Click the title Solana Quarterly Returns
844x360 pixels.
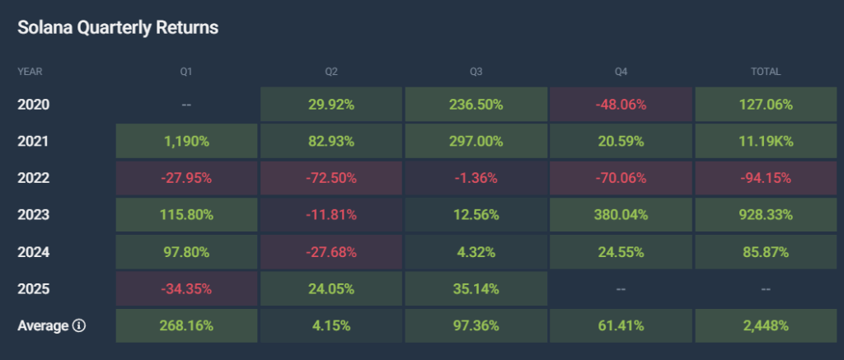(x=118, y=27)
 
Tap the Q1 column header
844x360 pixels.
(x=186, y=72)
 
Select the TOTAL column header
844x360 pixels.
(x=765, y=72)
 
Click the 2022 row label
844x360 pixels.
(x=34, y=178)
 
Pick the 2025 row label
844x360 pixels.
(x=34, y=288)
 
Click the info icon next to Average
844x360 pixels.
(x=79, y=325)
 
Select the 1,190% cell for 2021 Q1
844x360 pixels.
(x=186, y=141)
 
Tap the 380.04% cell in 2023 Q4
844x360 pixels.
(x=621, y=215)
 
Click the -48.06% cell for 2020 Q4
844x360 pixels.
(x=621, y=105)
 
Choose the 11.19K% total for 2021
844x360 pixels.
(x=765, y=141)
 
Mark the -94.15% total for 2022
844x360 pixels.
(x=765, y=178)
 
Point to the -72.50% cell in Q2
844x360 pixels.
(x=331, y=178)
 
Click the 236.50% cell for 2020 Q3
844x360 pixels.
(x=476, y=105)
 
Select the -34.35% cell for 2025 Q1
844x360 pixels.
(x=186, y=288)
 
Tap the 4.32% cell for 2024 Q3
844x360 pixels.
(x=476, y=251)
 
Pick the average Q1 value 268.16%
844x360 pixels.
(x=186, y=325)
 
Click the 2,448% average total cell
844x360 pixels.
(x=765, y=325)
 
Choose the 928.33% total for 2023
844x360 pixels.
(x=765, y=215)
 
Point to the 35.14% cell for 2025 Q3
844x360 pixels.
(x=476, y=288)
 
